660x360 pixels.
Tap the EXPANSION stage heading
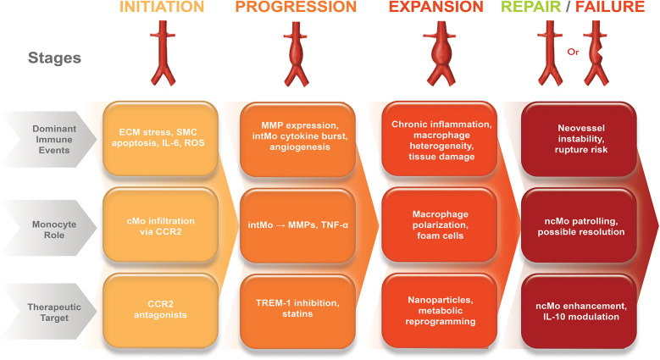tap(437, 8)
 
